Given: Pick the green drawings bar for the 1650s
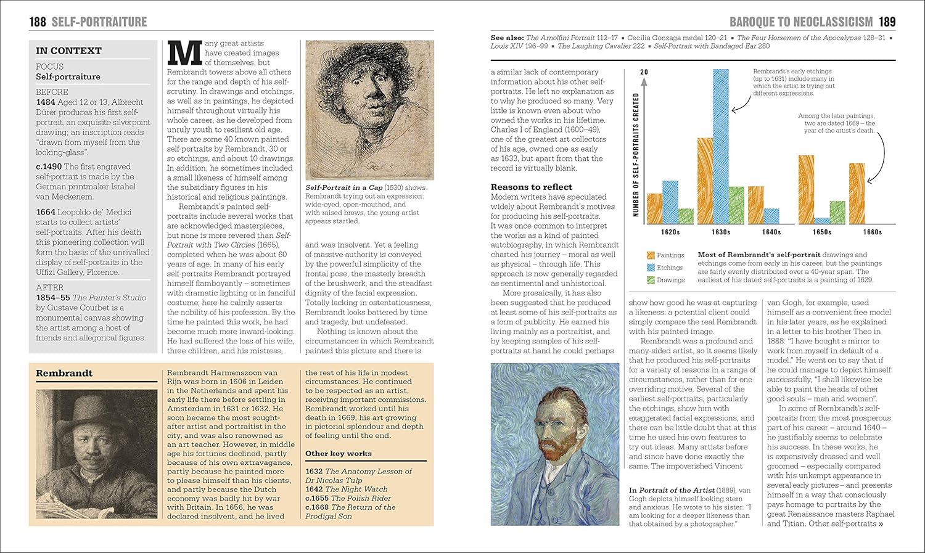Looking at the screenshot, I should tap(837, 213).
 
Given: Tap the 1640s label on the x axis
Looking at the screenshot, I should tap(771, 232).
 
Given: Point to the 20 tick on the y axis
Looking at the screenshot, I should tap(644, 72).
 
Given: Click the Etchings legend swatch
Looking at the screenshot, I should tap(651, 268).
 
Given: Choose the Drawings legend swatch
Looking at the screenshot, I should tap(651, 280).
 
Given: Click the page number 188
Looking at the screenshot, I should tap(38, 22).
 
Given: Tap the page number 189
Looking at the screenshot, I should tap(887, 22).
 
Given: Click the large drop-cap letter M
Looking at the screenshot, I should tap(185, 53).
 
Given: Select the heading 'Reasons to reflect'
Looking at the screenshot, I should tap(531, 187).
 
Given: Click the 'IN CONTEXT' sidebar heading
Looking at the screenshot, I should tap(68, 51).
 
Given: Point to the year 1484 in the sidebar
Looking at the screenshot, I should tap(46, 102).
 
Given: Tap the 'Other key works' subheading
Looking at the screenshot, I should tap(338, 453).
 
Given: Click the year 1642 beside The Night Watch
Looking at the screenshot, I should tap(314, 489).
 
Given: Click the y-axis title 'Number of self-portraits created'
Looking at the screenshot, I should tap(636, 155).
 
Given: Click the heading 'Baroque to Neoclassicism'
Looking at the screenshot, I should tap(801, 22).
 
